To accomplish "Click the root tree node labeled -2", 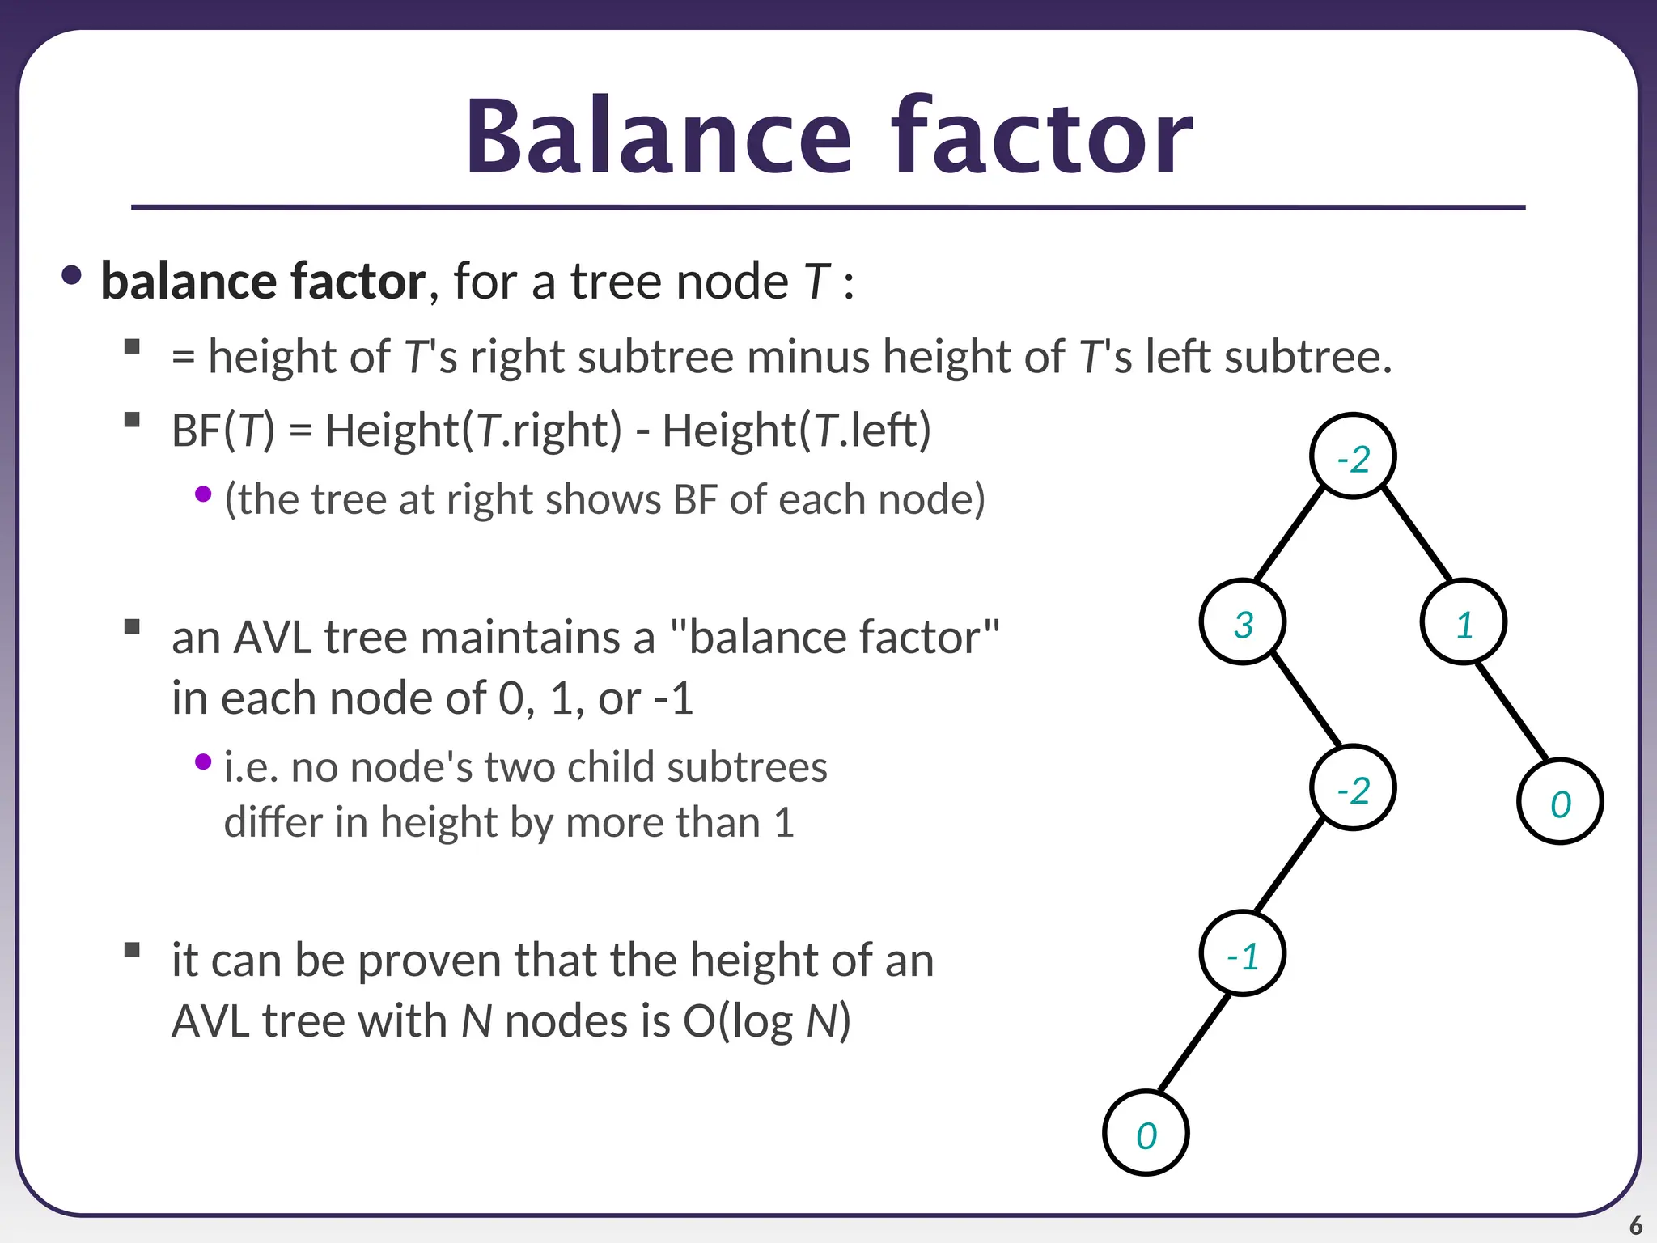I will (x=1353, y=456).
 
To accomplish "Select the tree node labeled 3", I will (x=1243, y=622).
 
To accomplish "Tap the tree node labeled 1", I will (x=1463, y=622).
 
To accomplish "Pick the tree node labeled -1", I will (x=1243, y=954).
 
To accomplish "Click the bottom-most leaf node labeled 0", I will (x=1146, y=1133).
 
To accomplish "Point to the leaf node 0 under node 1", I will (x=1560, y=802).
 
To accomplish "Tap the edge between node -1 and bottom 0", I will (x=1194, y=1044).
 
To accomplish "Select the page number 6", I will (x=1635, y=1225).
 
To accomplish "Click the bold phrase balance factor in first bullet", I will (x=263, y=282).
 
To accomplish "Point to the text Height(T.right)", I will (x=473, y=430).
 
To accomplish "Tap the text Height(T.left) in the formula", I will (x=796, y=430).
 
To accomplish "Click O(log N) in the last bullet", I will (x=766, y=1021).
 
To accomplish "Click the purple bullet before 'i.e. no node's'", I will (x=203, y=761).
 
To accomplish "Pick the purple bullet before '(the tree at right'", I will (x=203, y=494).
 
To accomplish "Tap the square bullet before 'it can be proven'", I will (x=133, y=949).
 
